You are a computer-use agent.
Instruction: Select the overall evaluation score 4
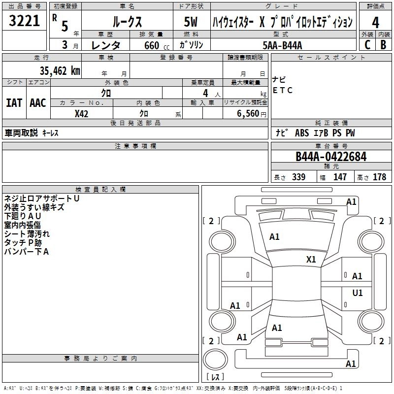pyautogui.click(x=375, y=23)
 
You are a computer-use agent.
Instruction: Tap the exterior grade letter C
pyautogui.click(x=367, y=44)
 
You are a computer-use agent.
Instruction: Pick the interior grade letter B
pyautogui.click(x=383, y=44)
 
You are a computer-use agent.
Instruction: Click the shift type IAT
pyautogui.click(x=14, y=103)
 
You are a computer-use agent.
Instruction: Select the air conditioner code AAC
pyautogui.click(x=37, y=103)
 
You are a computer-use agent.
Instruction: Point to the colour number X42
pyautogui.click(x=82, y=113)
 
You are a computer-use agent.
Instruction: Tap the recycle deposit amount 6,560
pyautogui.click(x=248, y=113)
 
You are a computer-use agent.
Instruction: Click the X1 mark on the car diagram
pyautogui.click(x=311, y=259)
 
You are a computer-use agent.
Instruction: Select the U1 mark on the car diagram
pyautogui.click(x=357, y=293)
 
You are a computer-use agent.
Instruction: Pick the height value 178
pyautogui.click(x=379, y=177)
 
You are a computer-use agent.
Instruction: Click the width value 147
pyautogui.click(x=340, y=177)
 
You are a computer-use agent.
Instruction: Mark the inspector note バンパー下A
pyautogui.click(x=27, y=252)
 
